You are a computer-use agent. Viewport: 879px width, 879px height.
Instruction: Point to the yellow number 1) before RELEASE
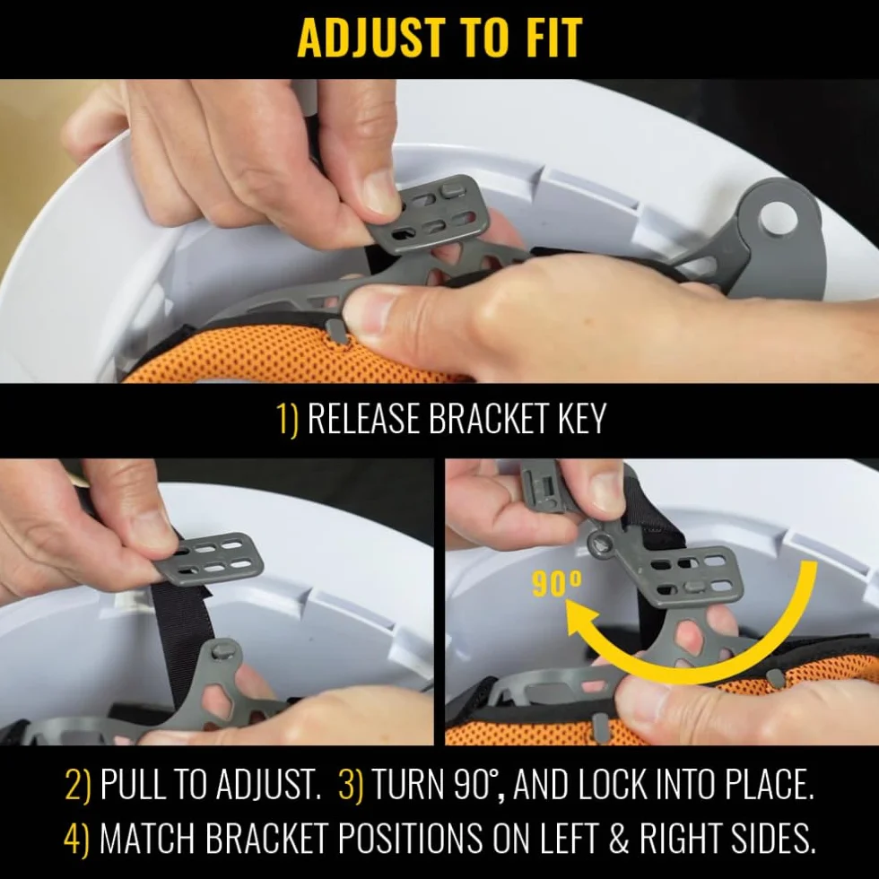(x=288, y=418)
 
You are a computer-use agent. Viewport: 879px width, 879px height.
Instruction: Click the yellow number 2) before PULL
(x=77, y=784)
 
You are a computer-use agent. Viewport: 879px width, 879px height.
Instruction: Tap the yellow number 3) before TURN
(x=351, y=784)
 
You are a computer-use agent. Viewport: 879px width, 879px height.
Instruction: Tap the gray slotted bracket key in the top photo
(x=427, y=216)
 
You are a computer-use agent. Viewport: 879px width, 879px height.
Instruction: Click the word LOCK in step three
(x=612, y=784)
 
